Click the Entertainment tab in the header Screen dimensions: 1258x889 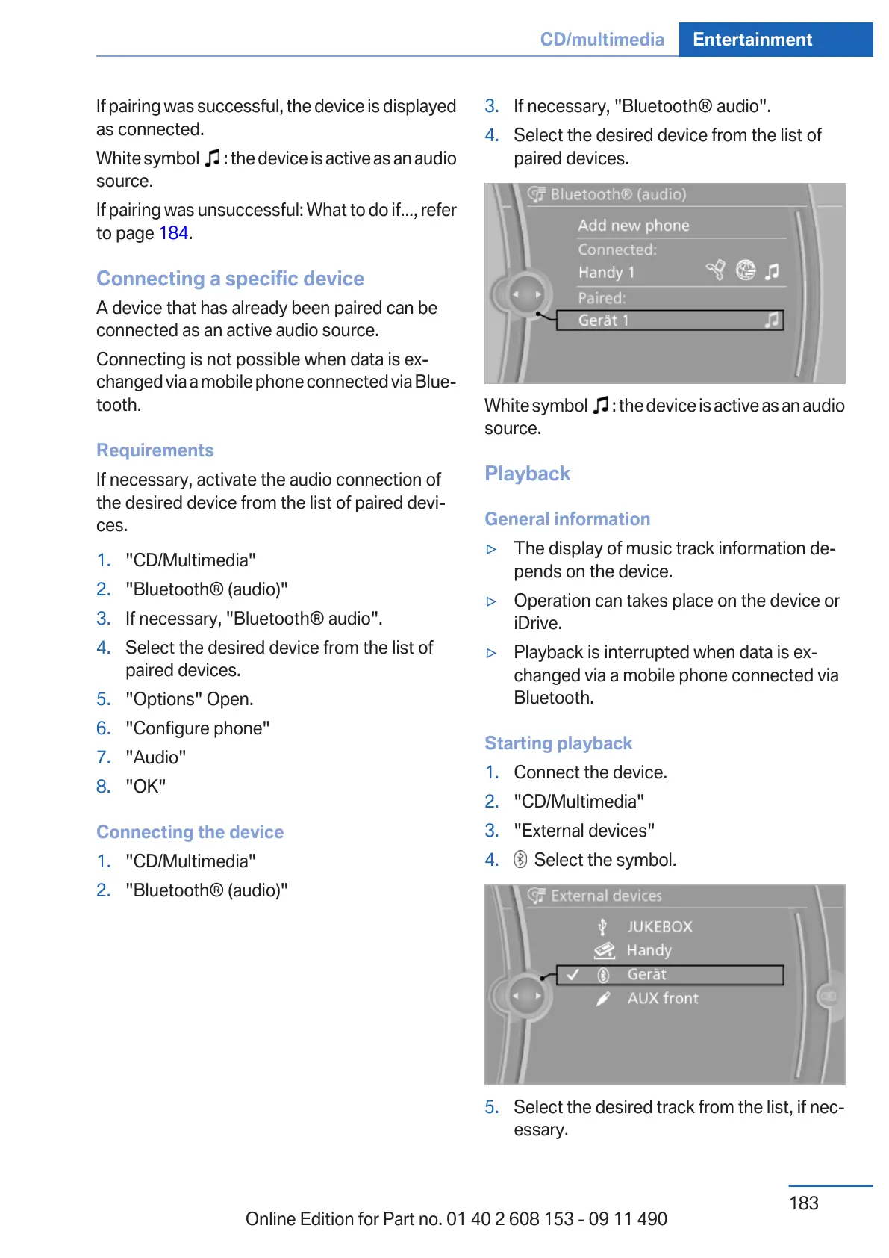[752, 40]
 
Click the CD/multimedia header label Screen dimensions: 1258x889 [602, 40]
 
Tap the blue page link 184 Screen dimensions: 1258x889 [173, 233]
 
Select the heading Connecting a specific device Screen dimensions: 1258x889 [230, 279]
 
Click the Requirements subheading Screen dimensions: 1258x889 [155, 450]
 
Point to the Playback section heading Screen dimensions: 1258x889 [527, 474]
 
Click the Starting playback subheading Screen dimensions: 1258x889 [558, 743]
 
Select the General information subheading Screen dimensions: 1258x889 [567, 519]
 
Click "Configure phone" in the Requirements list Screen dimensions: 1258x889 [197, 728]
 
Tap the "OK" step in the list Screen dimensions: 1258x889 [146, 787]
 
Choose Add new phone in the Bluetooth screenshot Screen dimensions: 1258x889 [633, 226]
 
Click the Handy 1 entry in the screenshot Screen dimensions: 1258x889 [606, 273]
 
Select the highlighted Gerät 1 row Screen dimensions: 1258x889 [669, 320]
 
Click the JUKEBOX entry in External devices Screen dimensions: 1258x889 [659, 927]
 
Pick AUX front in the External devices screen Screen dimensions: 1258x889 [662, 999]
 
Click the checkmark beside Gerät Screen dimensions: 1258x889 [573, 975]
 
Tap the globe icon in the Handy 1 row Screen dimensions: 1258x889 [745, 270]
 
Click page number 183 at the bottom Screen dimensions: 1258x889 [803, 1203]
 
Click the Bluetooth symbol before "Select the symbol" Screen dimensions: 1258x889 [520, 860]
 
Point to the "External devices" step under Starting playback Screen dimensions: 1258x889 [584, 831]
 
